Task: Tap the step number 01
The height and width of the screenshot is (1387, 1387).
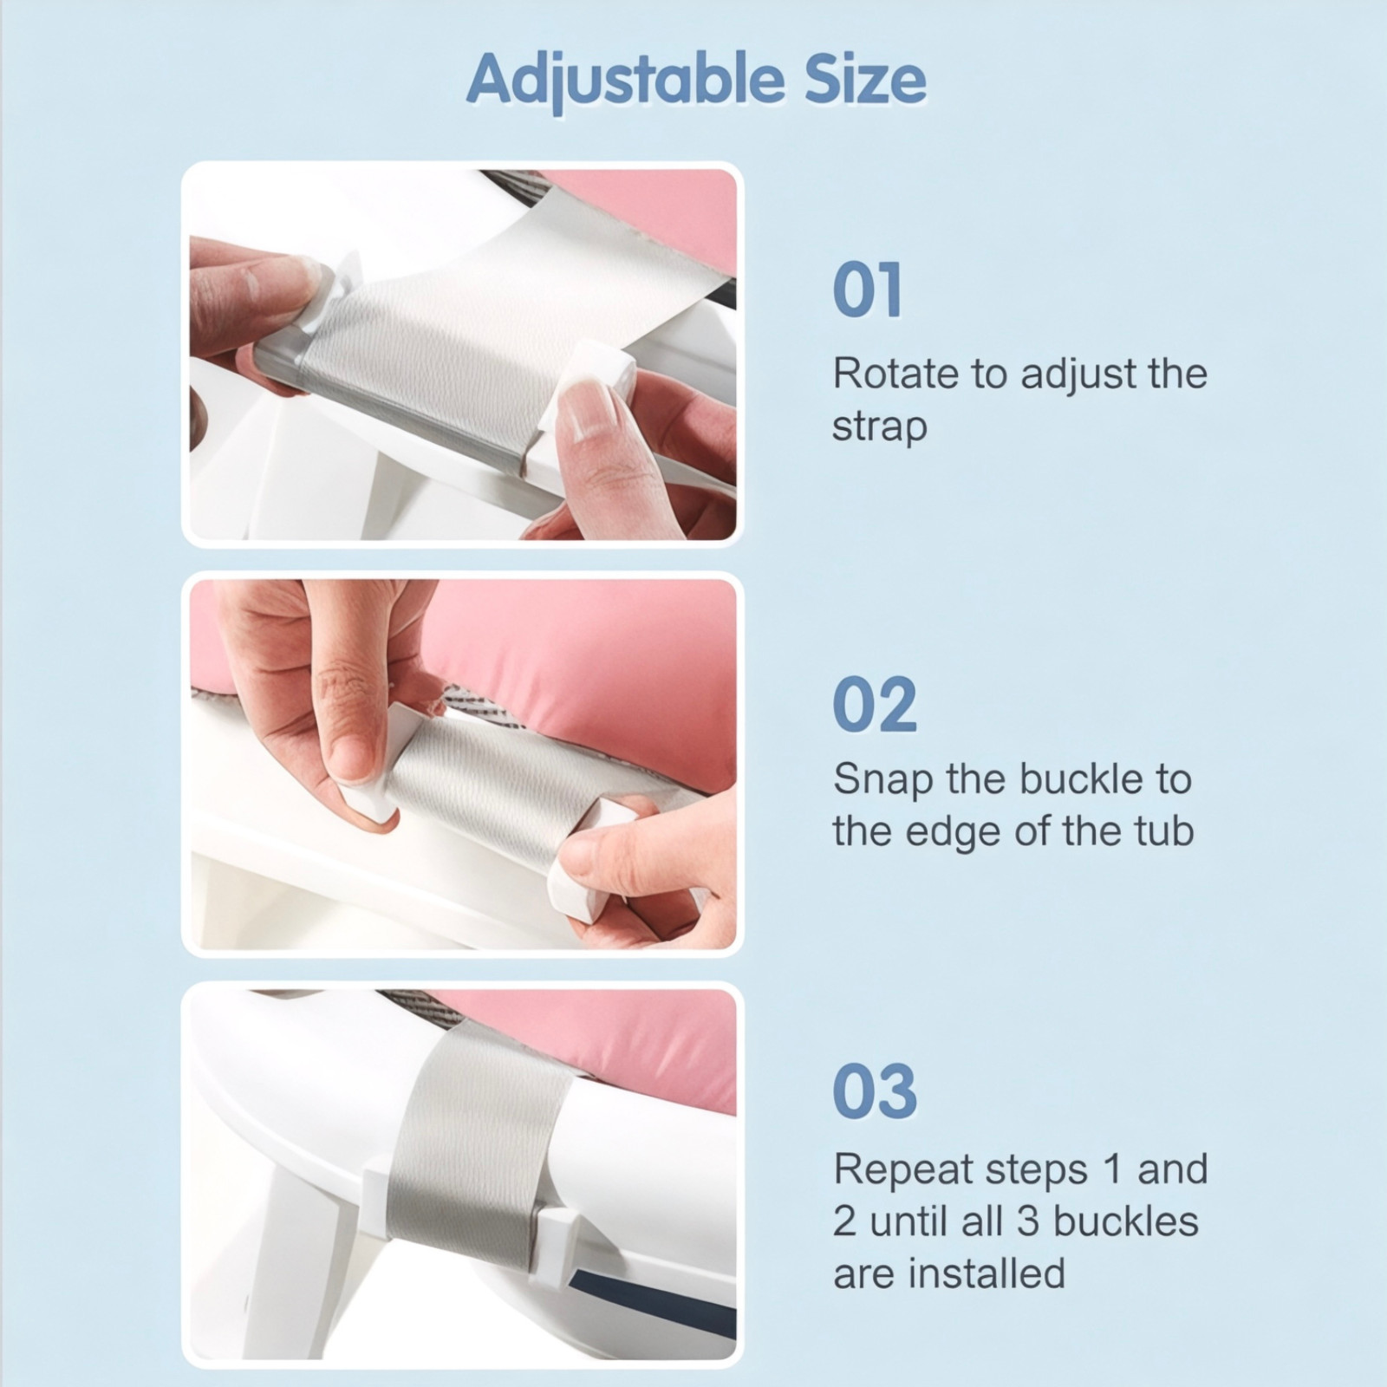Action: (x=868, y=291)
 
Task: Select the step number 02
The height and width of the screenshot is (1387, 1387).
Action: (x=874, y=705)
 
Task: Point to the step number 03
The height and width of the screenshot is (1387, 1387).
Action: (x=874, y=1091)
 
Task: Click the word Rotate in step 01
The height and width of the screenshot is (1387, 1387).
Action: (x=895, y=374)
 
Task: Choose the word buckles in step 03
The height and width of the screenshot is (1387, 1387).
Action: (x=1125, y=1221)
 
